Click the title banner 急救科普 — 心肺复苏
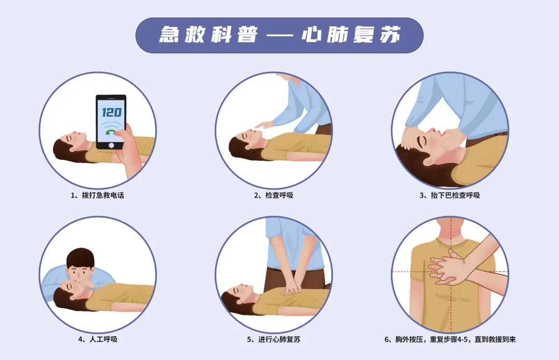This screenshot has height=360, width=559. click(279, 35)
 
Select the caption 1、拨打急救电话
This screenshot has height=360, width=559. click(97, 196)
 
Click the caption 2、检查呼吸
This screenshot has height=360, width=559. click(273, 196)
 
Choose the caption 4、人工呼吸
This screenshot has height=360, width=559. click(97, 340)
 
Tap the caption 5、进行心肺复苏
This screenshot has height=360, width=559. click(273, 340)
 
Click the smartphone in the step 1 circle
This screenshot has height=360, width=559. click(111, 122)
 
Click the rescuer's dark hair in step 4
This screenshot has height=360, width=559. click(81, 257)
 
